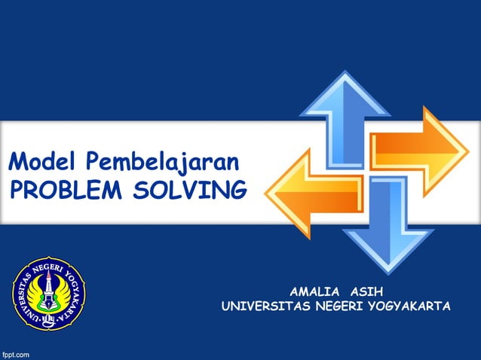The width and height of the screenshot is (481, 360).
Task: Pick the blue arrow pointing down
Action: tap(388, 227)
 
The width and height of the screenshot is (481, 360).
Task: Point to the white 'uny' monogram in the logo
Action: tap(47, 319)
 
